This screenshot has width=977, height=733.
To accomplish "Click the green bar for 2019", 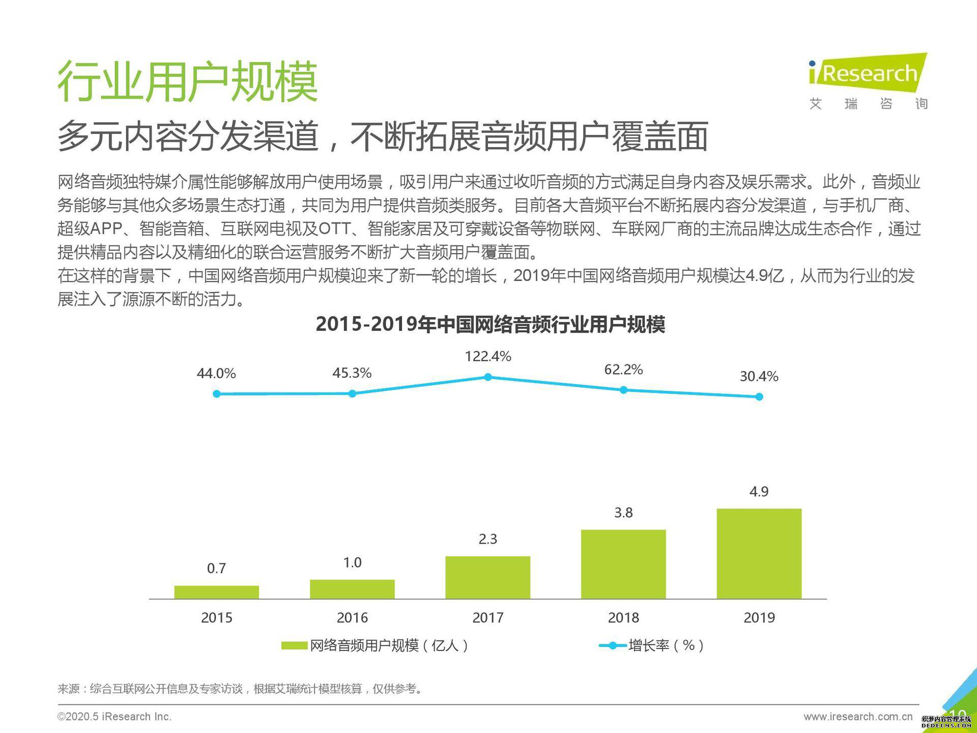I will (759, 553).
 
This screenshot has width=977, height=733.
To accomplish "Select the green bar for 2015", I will (216, 592).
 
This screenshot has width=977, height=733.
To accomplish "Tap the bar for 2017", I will (487, 577).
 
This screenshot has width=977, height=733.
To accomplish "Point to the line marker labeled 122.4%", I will (487, 377).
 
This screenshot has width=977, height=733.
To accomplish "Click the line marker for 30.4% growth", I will (759, 397).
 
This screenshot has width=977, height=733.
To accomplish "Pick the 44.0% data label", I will (216, 374).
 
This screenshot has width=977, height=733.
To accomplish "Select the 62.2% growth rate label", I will (623, 370).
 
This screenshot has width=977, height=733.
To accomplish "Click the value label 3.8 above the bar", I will (623, 513).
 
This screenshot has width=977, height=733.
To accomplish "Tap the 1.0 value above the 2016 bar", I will (352, 562).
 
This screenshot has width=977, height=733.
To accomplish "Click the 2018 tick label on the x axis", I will (623, 617).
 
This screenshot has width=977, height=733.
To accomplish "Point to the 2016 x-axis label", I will (352, 617).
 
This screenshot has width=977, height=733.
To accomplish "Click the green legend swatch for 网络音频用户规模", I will (294, 645).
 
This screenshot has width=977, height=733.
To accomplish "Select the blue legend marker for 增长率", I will (613, 645).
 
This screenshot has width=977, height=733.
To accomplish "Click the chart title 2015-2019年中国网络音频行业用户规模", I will (490, 324).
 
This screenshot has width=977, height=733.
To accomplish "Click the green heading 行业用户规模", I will (187, 81).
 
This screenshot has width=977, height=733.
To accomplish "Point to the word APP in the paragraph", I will (106, 229).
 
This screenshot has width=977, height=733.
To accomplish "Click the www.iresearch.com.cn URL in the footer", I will (858, 717).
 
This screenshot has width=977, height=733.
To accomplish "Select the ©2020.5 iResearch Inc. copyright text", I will (114, 717).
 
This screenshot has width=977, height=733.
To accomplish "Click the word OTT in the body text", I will (334, 229).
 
